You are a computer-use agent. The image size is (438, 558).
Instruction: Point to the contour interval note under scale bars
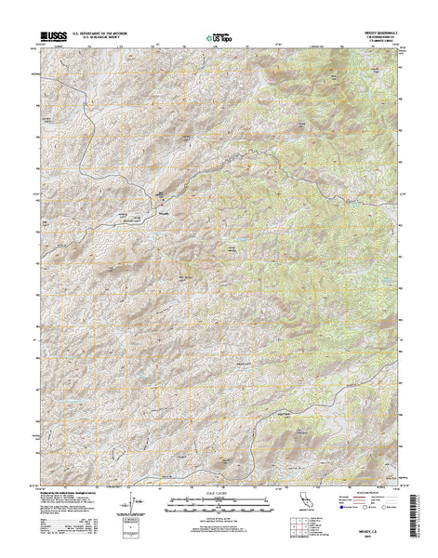(x=219, y=512)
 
